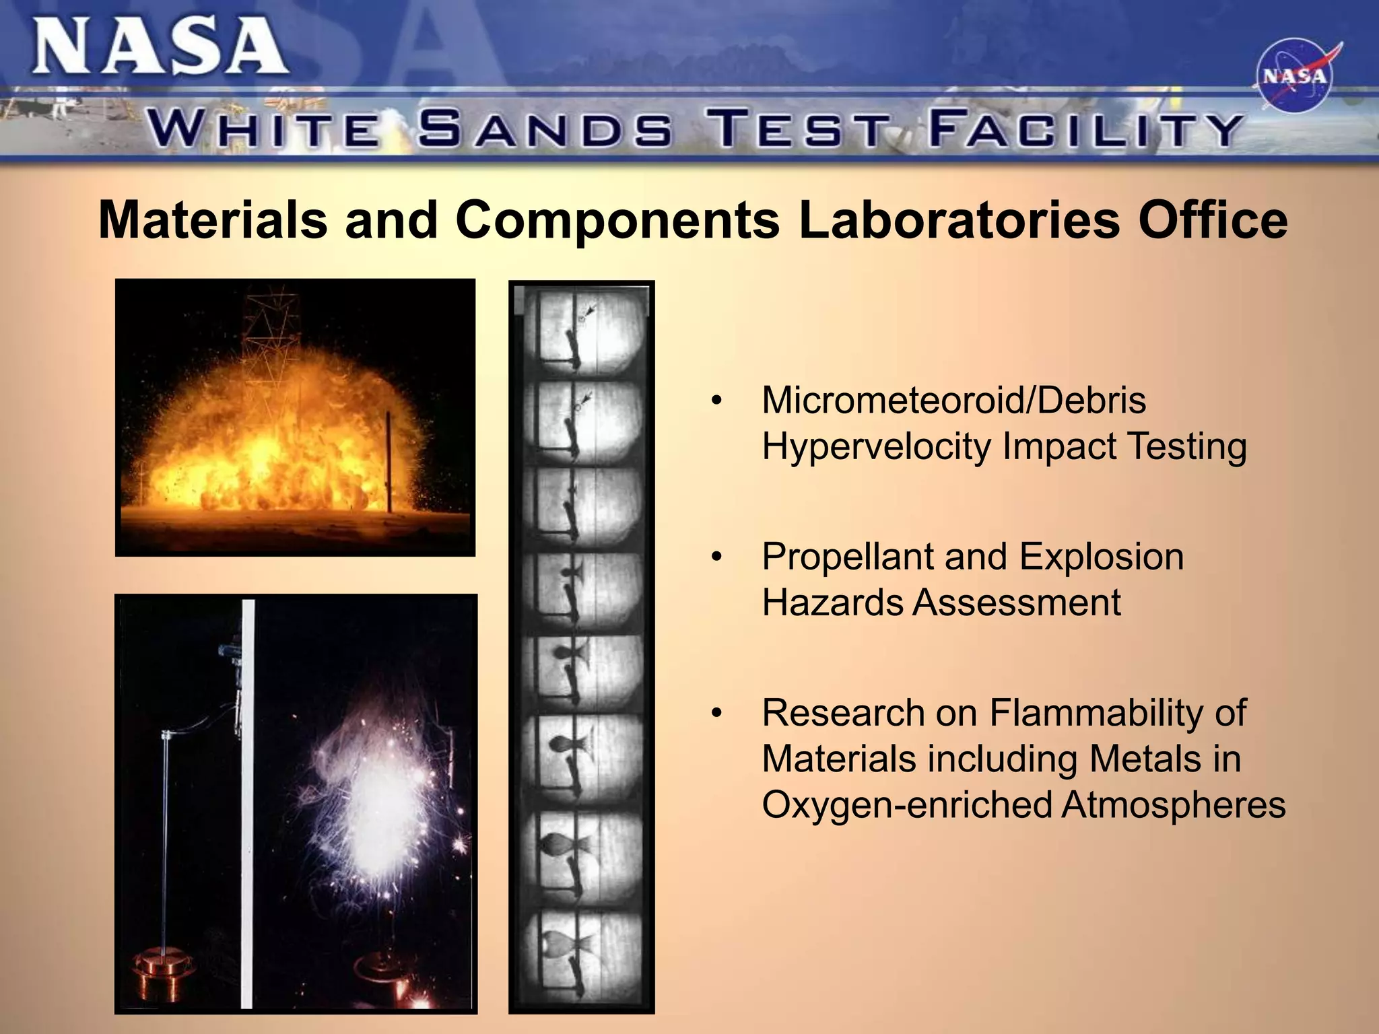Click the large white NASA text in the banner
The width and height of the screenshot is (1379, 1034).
click(x=160, y=47)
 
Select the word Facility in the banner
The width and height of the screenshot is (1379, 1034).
click(x=1084, y=129)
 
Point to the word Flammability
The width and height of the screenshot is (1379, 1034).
click(x=1118, y=714)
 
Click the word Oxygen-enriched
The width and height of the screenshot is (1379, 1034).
click(x=906, y=805)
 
